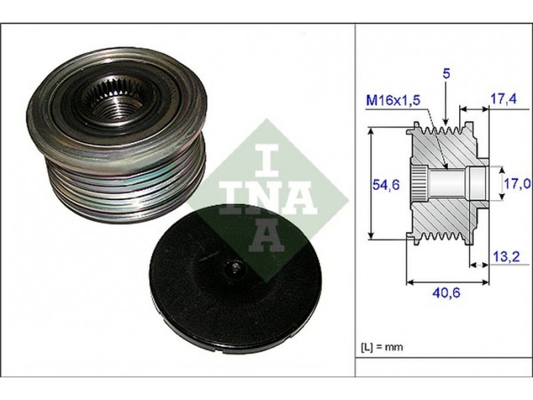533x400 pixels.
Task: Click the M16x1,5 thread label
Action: pyautogui.click(x=392, y=101)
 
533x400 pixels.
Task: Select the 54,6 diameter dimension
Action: pyautogui.click(x=386, y=185)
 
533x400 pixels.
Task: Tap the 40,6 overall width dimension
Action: pyautogui.click(x=446, y=293)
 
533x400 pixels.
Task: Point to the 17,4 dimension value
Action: pyautogui.click(x=503, y=99)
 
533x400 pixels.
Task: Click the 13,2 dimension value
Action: pyautogui.click(x=506, y=257)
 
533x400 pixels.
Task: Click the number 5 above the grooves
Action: pyautogui.click(x=446, y=74)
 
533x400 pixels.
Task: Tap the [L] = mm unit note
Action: pyautogui.click(x=382, y=347)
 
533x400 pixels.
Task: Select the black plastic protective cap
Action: pyautogui.click(x=235, y=275)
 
